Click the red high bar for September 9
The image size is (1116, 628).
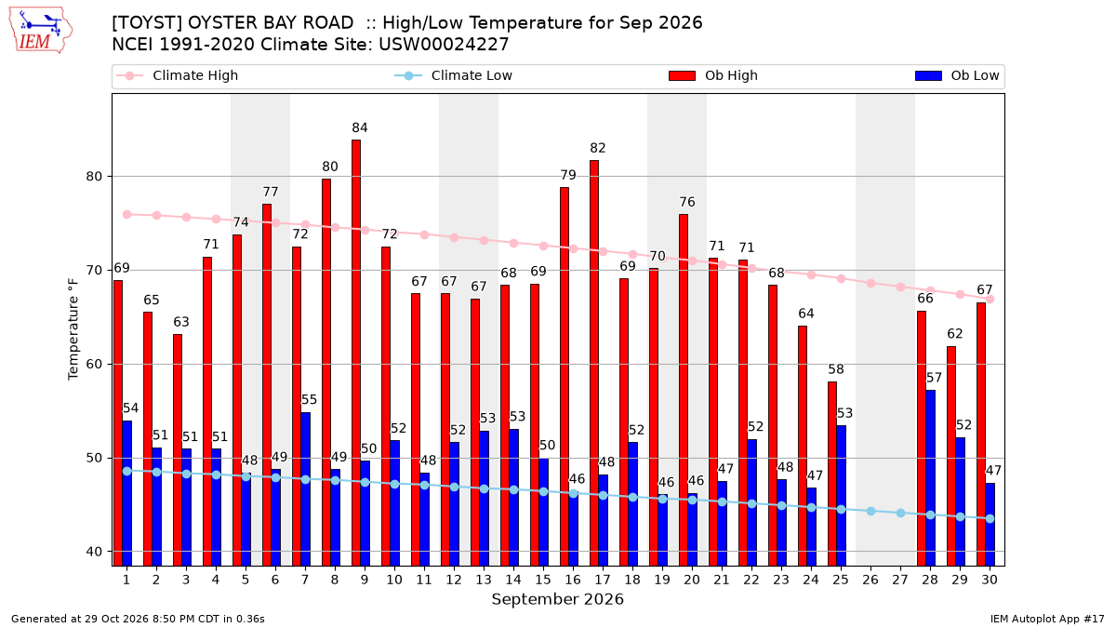tap(356, 353)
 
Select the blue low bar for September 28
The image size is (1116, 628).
tap(931, 478)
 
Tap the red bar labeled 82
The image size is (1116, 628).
tap(594, 364)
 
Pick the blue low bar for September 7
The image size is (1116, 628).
tap(305, 489)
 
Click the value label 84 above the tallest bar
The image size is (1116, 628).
tap(360, 128)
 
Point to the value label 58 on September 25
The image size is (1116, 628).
tap(836, 369)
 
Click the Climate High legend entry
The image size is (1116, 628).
tap(178, 75)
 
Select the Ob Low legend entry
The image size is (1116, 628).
tap(957, 75)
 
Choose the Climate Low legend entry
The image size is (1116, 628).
tap(454, 75)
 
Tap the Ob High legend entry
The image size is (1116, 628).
tap(713, 75)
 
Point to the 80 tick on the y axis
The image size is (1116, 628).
tap(94, 177)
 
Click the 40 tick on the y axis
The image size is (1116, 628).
tap(94, 552)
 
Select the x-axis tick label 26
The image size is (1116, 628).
tap(870, 580)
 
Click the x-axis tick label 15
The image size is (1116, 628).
tap(543, 580)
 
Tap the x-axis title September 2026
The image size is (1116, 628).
tap(557, 599)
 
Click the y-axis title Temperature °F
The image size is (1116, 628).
tap(73, 329)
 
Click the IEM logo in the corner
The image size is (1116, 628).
tap(40, 30)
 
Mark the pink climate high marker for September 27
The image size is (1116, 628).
tap(901, 287)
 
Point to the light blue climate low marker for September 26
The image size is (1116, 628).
tap(870, 512)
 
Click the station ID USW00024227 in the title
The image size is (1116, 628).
tap(444, 45)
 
